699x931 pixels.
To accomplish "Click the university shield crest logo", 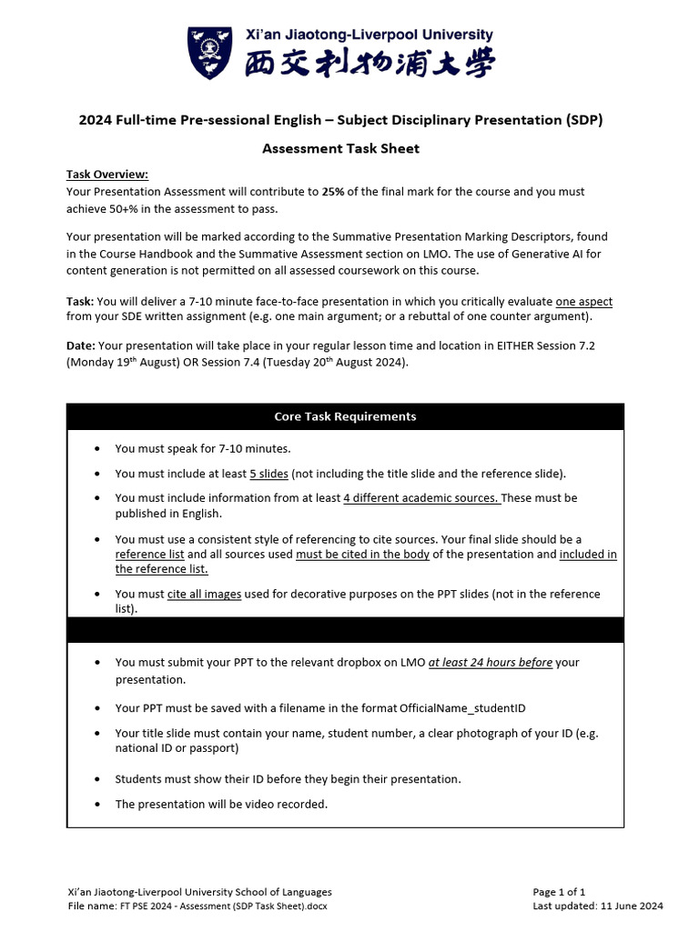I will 210,53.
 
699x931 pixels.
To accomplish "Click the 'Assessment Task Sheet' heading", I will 340,148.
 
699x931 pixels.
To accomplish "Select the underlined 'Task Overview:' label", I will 106,175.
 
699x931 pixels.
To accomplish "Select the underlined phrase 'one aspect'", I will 590,302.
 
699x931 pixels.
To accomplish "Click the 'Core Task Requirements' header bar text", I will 345,416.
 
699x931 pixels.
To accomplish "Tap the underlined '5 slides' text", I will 268,474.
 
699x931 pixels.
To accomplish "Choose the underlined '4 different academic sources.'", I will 421,498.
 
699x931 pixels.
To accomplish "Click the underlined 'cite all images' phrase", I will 204,594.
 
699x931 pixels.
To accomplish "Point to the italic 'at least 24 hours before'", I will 490,662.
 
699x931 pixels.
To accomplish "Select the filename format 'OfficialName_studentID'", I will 462,707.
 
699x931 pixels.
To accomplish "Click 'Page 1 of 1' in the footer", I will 558,892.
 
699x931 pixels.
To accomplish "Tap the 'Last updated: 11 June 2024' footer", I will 597,906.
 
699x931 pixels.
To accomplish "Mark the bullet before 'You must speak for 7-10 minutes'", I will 98,449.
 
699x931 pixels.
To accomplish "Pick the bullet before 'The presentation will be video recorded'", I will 98,805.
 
